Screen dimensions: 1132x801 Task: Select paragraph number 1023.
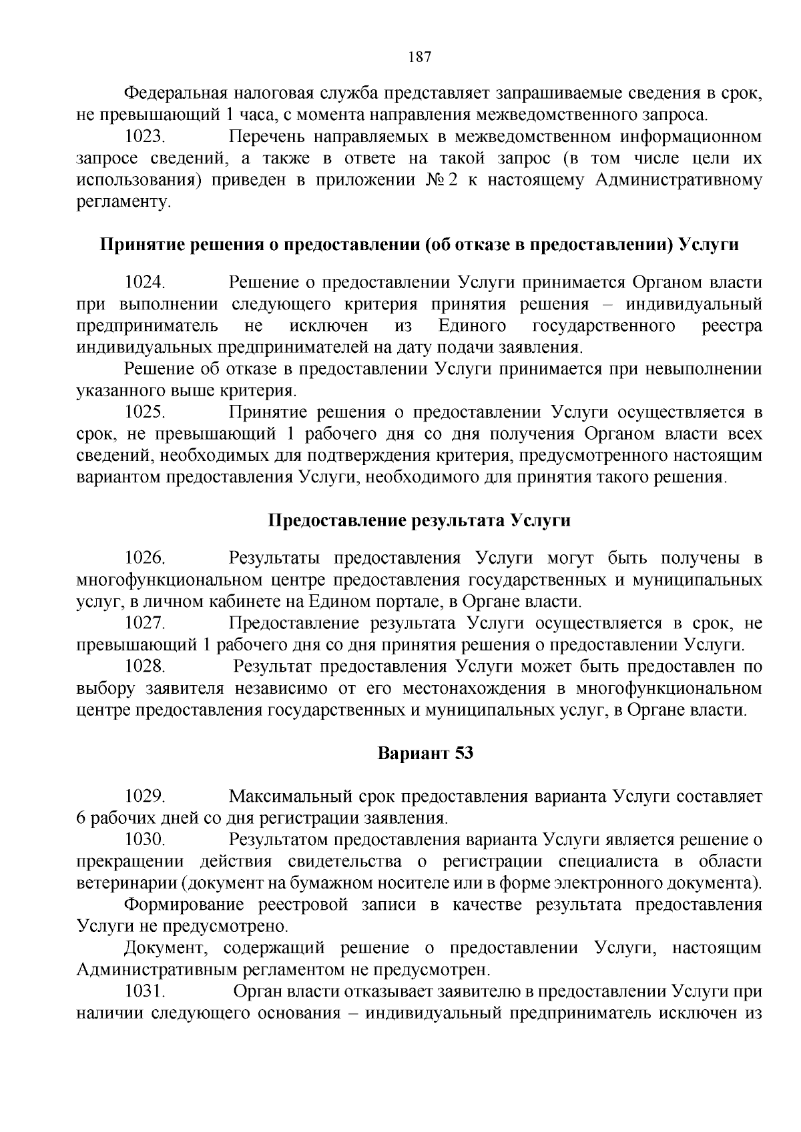[145, 137]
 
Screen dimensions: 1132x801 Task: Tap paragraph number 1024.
[145, 283]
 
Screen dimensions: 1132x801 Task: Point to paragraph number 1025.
[145, 413]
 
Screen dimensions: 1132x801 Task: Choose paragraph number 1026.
[145, 558]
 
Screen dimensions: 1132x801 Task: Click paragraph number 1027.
[145, 624]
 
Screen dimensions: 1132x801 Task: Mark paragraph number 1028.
[145, 666]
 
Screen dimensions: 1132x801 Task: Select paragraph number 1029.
[145, 796]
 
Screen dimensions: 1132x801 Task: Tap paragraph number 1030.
[145, 840]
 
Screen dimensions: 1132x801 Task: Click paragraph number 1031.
[145, 991]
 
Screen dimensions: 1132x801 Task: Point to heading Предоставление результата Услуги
[419, 521]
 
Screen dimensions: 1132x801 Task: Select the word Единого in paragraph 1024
[472, 326]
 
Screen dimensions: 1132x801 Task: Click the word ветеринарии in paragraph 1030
[127, 883]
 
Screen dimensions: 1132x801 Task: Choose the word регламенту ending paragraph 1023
[123, 202]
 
